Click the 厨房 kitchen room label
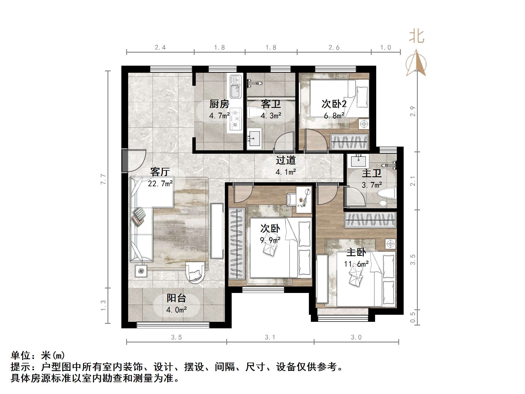coord(219,104)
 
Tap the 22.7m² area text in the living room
coord(160,184)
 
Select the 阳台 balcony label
coord(176,298)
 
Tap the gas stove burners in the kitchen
coord(236,119)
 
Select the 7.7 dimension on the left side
coord(104,179)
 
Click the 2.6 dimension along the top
coord(334,48)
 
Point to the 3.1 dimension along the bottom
coord(270,337)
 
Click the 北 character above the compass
coord(416,37)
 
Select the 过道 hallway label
coord(286,160)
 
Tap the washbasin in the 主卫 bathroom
coord(358,161)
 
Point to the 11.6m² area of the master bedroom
coord(356,264)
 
